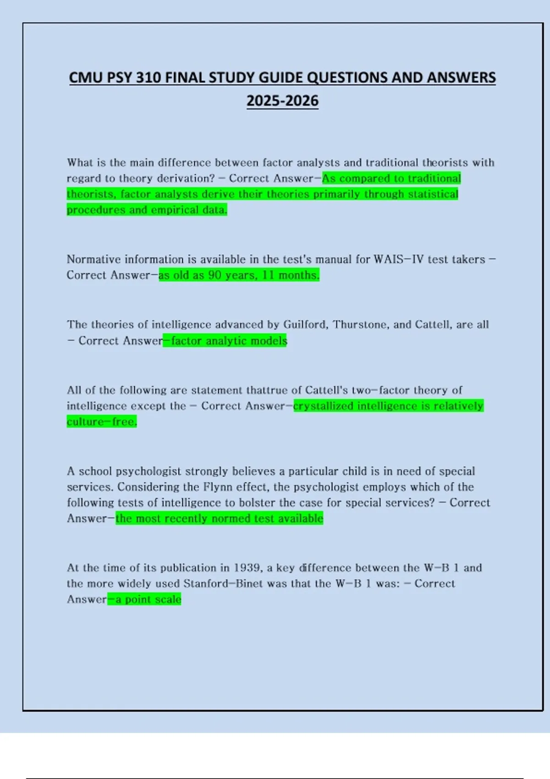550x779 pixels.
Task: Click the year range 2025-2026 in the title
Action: (x=282, y=101)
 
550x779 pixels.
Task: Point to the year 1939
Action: (x=247, y=568)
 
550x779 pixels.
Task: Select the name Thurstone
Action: (x=361, y=324)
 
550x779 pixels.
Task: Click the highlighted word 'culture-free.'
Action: (x=102, y=422)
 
